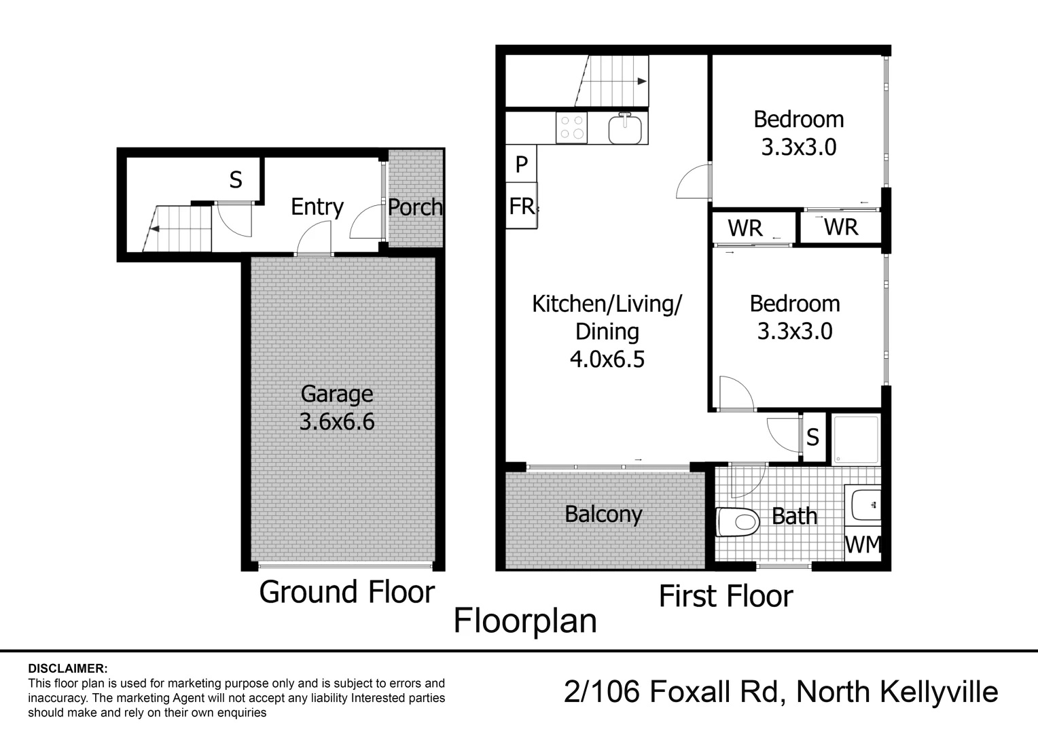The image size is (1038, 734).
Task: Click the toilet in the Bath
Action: coord(738,523)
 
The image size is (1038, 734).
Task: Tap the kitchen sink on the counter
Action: coord(625,128)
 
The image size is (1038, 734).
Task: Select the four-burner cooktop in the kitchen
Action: coord(571,128)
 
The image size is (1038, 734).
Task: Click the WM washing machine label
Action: coord(863,544)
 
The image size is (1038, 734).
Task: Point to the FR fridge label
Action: coord(522,206)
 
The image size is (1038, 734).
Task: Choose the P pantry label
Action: coord(521,164)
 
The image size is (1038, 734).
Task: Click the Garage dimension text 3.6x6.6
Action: coord(337,422)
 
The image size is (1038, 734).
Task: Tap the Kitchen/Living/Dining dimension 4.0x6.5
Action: coord(607,359)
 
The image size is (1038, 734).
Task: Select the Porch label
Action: coord(415,207)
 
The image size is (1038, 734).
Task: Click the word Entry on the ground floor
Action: coord(317,207)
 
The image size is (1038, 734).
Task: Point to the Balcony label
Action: coord(603,514)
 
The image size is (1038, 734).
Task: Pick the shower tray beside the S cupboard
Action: coord(856,439)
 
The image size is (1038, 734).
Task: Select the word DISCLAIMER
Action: coord(67,669)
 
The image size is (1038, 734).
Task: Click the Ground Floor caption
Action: coord(346,592)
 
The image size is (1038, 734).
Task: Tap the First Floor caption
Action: coord(726,597)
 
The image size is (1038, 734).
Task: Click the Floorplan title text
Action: coord(525,621)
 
